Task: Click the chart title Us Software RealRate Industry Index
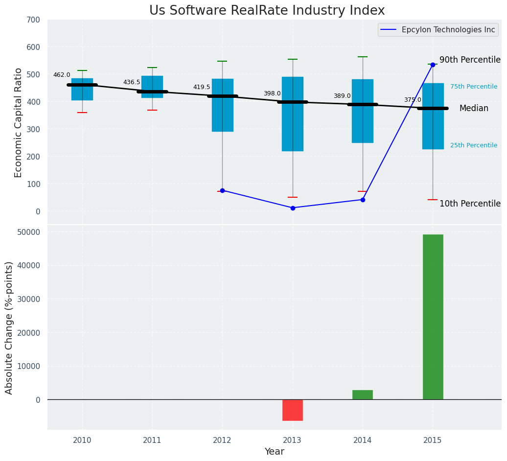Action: pyautogui.click(x=267, y=11)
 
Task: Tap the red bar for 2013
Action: pyautogui.click(x=293, y=410)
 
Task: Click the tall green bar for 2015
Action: pyautogui.click(x=433, y=317)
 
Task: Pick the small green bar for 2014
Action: pyautogui.click(x=363, y=394)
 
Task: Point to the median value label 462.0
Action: pyautogui.click(x=62, y=75)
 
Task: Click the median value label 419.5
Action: pyautogui.click(x=202, y=87)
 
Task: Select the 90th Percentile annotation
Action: pyautogui.click(x=470, y=60)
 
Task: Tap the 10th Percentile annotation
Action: pyautogui.click(x=470, y=204)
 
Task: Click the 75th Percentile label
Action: pyautogui.click(x=474, y=87)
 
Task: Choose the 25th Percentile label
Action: pyautogui.click(x=474, y=145)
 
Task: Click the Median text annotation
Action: pyautogui.click(x=474, y=109)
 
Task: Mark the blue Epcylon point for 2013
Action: pyautogui.click(x=293, y=208)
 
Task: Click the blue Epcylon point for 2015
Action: pyautogui.click(x=433, y=65)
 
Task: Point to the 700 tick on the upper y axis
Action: pyautogui.click(x=37, y=20)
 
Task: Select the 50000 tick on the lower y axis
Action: pyautogui.click(x=29, y=232)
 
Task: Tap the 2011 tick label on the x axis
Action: pyautogui.click(x=152, y=440)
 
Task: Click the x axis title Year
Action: pyautogui.click(x=274, y=452)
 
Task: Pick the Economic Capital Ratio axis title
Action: pyautogui.click(x=19, y=122)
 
